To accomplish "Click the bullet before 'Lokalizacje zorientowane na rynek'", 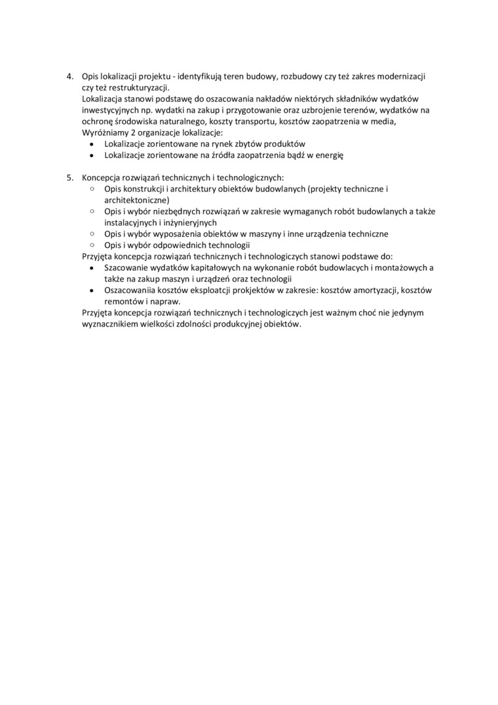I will tap(92, 144).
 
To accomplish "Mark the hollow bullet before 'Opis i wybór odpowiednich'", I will tap(92, 245).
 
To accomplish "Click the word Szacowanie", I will tap(127, 268).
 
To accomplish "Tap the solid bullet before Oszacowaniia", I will tap(92, 290).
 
